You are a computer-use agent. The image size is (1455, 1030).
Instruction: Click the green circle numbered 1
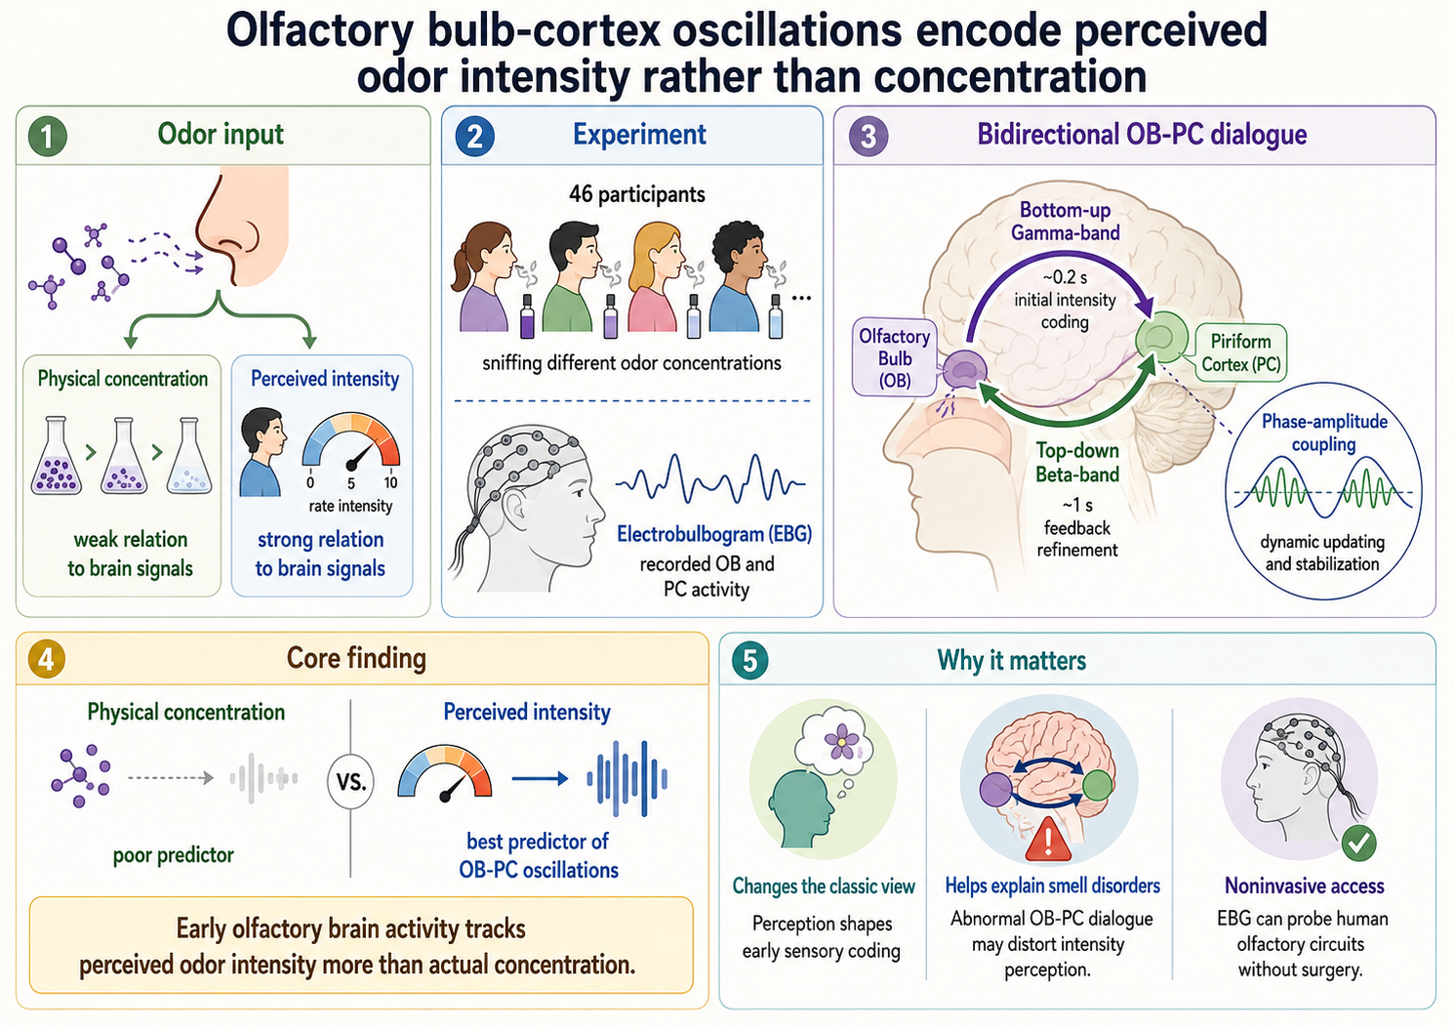click(x=48, y=137)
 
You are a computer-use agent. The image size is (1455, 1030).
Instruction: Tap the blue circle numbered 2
click(x=475, y=137)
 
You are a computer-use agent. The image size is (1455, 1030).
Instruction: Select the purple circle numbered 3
click(x=869, y=137)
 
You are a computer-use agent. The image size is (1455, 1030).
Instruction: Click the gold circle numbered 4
click(x=46, y=659)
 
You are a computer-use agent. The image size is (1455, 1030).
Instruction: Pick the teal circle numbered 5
click(x=750, y=661)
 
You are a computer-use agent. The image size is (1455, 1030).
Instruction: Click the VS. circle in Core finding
click(x=350, y=781)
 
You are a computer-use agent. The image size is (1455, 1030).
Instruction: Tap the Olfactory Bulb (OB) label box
click(x=895, y=357)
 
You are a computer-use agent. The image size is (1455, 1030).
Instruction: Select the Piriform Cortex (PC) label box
click(x=1240, y=352)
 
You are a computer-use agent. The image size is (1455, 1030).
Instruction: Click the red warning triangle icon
click(x=1048, y=840)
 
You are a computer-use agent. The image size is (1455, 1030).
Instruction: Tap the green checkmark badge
click(x=1358, y=844)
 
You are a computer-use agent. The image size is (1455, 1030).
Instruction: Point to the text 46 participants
click(x=636, y=194)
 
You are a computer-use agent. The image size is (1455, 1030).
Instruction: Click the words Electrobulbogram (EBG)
click(x=714, y=534)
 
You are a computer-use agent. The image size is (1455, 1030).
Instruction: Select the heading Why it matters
click(x=1011, y=660)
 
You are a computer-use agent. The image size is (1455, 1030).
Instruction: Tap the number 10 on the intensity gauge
click(x=390, y=483)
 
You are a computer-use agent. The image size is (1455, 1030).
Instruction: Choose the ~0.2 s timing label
click(x=1065, y=277)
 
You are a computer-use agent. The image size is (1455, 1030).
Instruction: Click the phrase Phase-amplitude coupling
click(x=1324, y=433)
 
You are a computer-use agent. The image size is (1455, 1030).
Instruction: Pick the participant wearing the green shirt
click(x=573, y=277)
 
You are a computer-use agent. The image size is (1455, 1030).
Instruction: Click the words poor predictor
click(x=174, y=855)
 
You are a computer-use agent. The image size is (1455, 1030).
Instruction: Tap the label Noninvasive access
click(x=1305, y=886)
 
